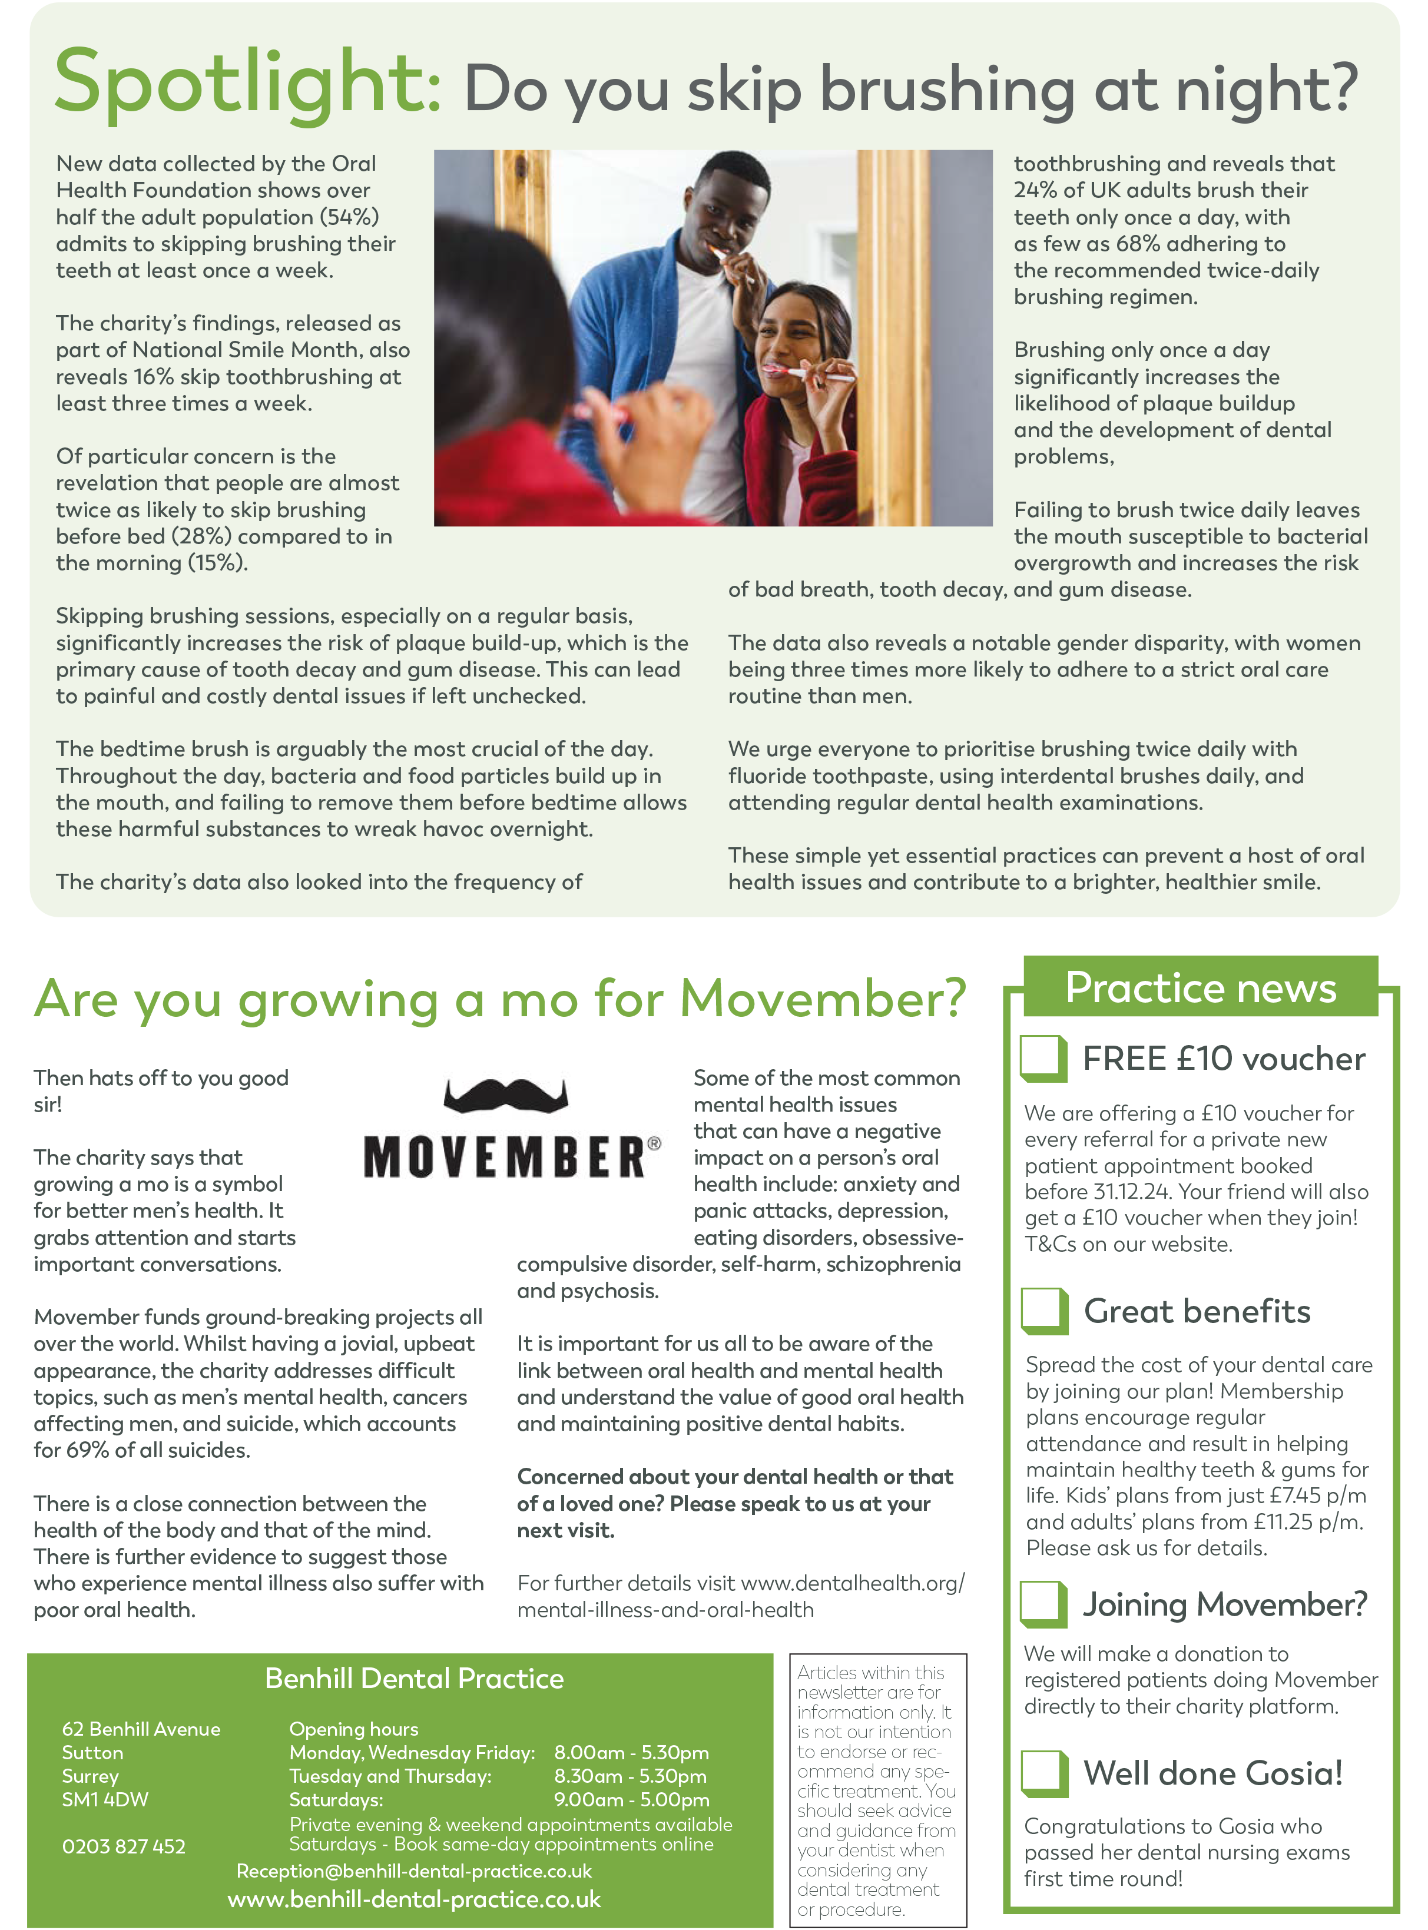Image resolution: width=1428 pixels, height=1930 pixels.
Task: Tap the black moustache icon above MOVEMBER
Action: pos(506,1095)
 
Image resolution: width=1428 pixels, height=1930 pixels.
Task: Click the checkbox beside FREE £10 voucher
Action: pos(1043,1058)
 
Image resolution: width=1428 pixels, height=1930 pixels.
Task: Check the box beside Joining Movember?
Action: pos(1043,1603)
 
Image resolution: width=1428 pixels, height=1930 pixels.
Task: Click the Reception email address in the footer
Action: pos(414,1871)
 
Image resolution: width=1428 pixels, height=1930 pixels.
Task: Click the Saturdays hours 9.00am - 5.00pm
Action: pos(631,1799)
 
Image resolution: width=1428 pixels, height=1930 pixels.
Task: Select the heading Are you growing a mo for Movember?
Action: pos(499,999)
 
